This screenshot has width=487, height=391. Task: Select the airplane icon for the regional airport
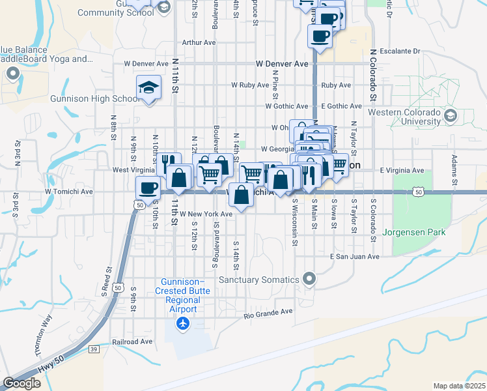183,323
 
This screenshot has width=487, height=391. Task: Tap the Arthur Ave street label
199,42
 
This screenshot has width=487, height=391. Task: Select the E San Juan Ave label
354,257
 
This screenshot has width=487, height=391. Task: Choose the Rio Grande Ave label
268,314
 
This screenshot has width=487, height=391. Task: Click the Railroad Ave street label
132,341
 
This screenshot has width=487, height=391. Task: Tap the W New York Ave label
206,214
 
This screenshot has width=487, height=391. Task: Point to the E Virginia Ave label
402,170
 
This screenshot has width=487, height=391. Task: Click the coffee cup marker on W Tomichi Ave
148,188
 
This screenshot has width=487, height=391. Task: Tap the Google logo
21,383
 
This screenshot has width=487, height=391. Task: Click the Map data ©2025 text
459,386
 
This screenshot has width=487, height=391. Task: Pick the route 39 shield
94,349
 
